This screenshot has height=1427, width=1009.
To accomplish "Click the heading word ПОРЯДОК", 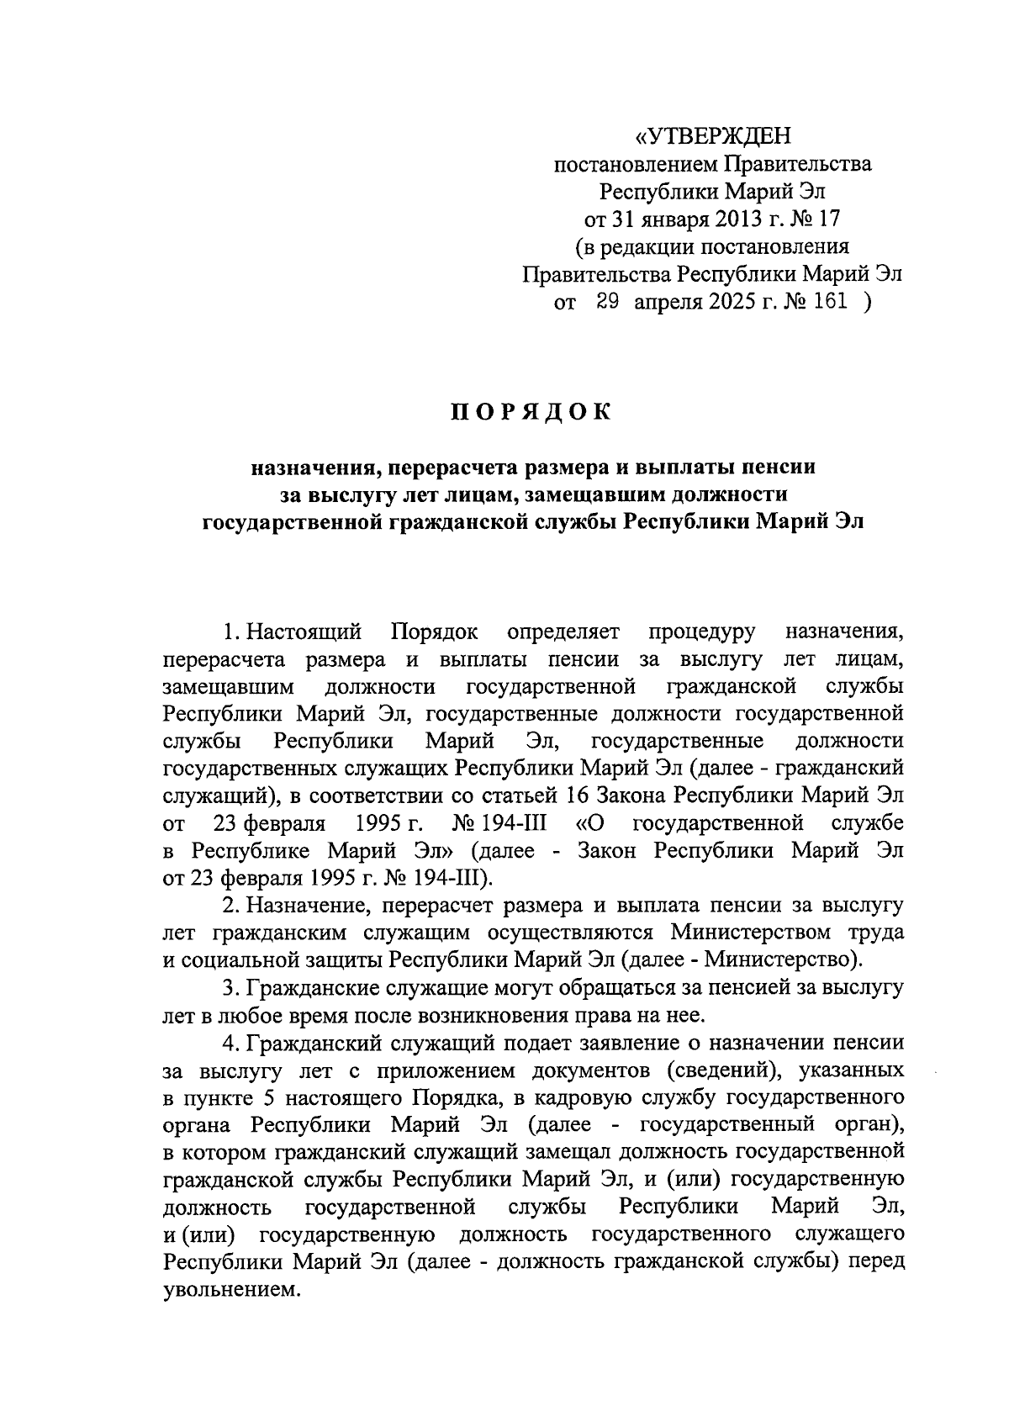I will tap(531, 412).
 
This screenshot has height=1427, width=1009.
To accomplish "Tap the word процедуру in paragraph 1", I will tap(702, 631).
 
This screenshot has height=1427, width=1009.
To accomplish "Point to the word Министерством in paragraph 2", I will tap(752, 932).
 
